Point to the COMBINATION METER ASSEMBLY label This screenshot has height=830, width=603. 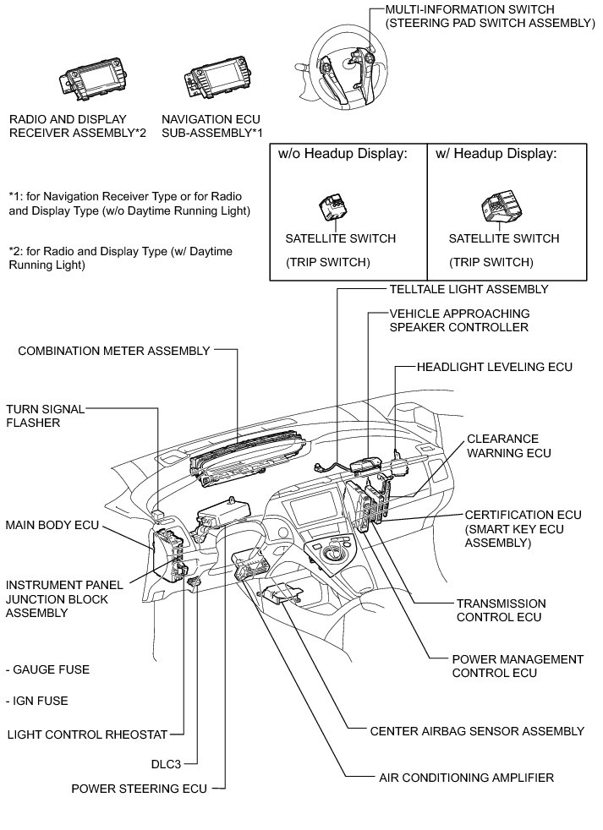point(113,351)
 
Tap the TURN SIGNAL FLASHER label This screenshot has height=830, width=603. point(45,416)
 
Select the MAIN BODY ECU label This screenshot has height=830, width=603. point(52,525)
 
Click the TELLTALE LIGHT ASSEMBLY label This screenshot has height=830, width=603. point(469,289)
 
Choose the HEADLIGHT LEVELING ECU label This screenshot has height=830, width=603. point(495,368)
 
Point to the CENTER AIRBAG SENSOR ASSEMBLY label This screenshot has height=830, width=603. point(477,730)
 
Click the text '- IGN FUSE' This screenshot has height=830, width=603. point(36,701)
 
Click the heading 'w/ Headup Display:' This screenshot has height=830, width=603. point(496,154)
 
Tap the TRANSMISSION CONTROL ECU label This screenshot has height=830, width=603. point(501,610)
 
